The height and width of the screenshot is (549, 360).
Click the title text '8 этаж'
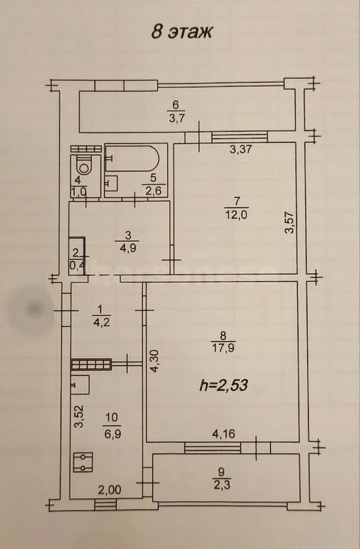[x=181, y=31]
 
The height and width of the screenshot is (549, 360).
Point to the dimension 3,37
[x=241, y=150]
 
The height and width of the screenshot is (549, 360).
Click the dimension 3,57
[x=290, y=228]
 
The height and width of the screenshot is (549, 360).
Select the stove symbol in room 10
[x=84, y=463]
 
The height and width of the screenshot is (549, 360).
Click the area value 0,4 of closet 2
[x=76, y=267]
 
